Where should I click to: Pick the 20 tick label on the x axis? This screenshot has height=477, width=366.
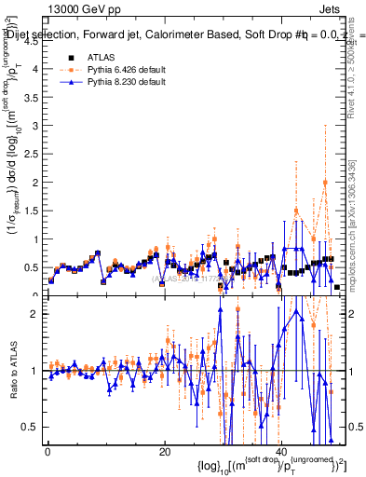pos(164,452)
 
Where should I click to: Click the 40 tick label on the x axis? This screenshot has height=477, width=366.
pos(279,452)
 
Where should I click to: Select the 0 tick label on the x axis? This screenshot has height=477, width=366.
pos(47,452)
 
